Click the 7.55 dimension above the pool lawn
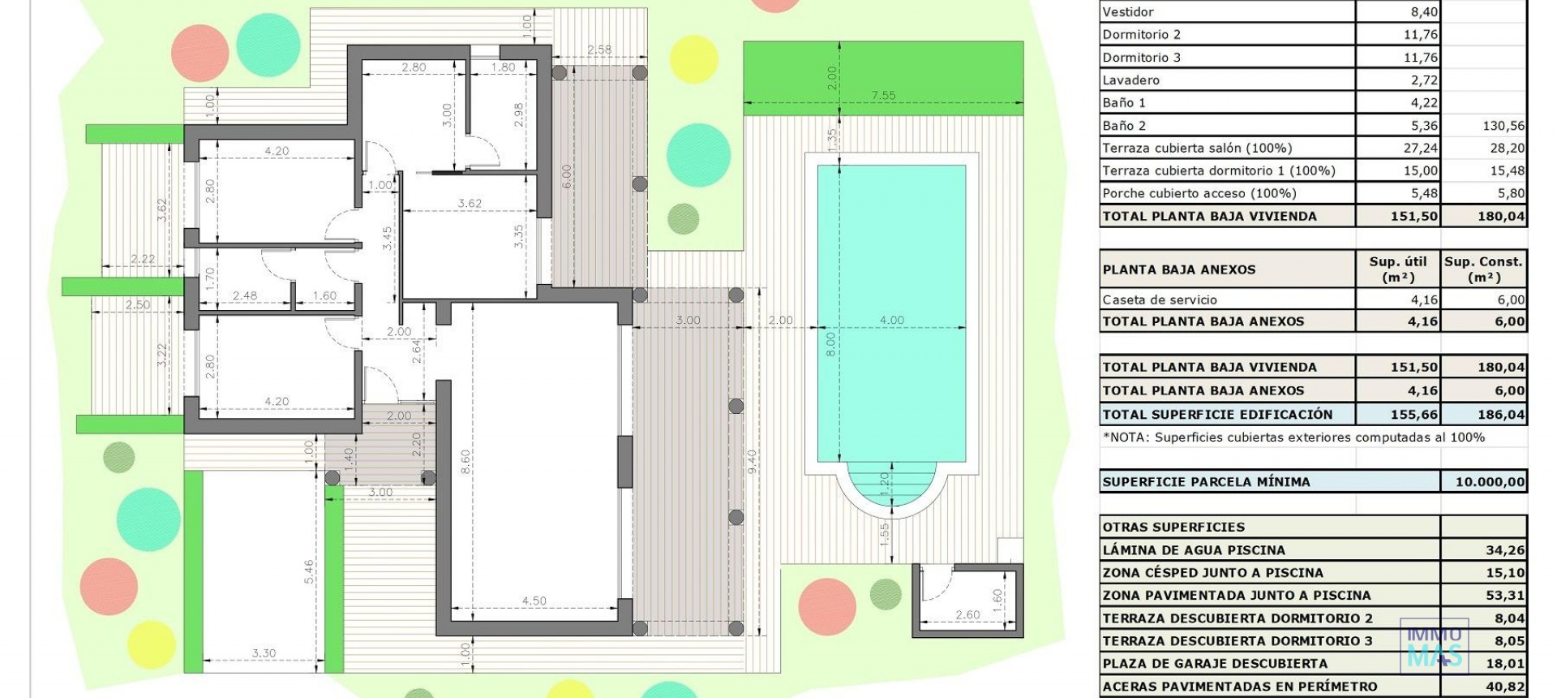tap(883, 95)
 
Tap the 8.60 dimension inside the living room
tap(465, 462)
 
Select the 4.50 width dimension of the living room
tap(534, 601)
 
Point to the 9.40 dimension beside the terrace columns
tap(752, 462)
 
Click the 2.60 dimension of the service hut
tap(967, 614)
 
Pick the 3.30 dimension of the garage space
tap(264, 653)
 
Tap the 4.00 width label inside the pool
tap(891, 320)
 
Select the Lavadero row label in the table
tap(1130, 80)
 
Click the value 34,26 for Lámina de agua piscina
tap(1504, 549)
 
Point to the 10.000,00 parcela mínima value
tap(1490, 481)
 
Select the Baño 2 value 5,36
tap(1424, 125)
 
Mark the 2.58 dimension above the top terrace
tap(599, 50)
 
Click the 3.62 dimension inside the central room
tap(470, 203)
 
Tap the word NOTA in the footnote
tap(1127, 437)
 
